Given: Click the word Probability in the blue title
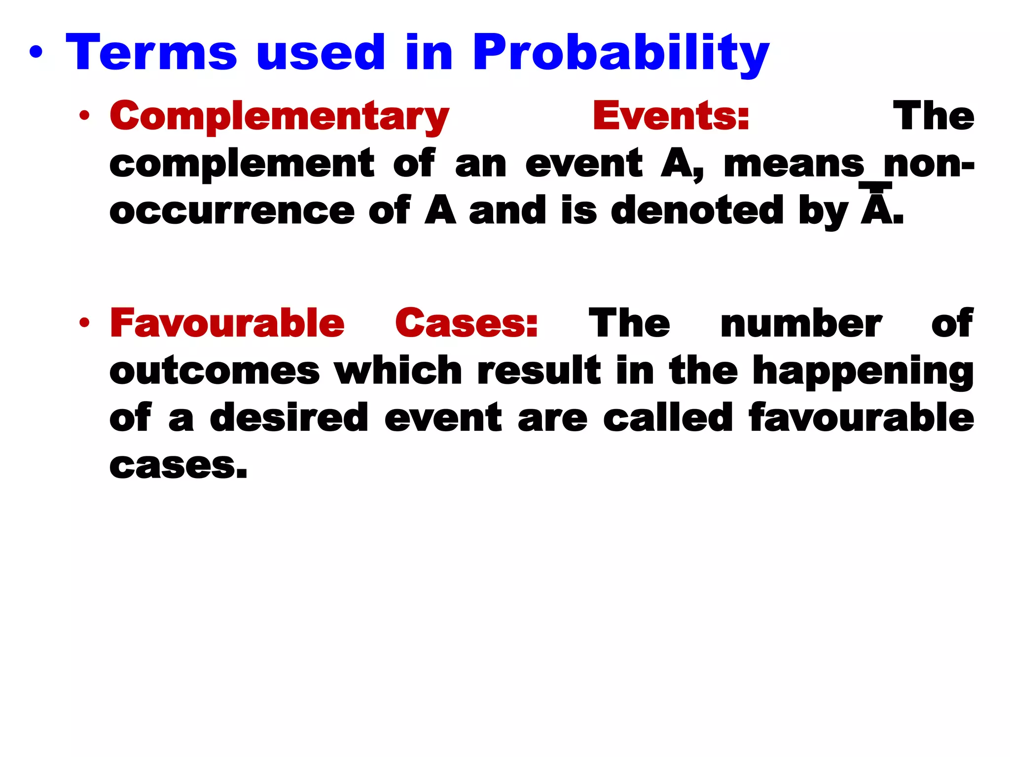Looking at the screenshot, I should click(x=620, y=53).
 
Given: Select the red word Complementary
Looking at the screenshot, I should click(x=279, y=116).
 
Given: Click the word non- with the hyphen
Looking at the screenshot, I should click(x=929, y=164).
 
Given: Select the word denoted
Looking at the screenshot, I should click(x=697, y=210).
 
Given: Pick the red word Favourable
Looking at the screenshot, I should click(x=227, y=323).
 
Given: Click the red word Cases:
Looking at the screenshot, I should click(x=466, y=323).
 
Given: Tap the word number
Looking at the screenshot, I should click(x=801, y=324).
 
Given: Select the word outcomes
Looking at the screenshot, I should click(x=215, y=371).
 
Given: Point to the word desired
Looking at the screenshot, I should click(x=289, y=417).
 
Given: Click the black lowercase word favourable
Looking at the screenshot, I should click(x=861, y=417).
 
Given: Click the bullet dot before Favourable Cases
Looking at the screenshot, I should click(x=85, y=323).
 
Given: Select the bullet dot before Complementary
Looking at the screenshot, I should click(x=85, y=116).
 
